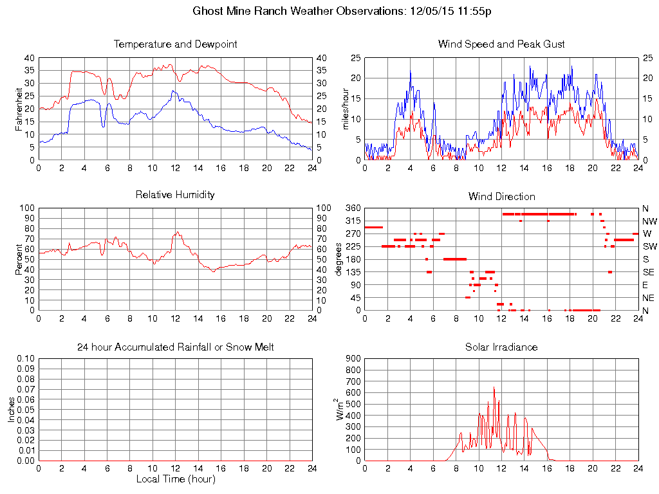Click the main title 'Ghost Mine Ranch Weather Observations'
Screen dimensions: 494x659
tap(299, 11)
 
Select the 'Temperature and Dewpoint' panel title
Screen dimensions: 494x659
tap(175, 44)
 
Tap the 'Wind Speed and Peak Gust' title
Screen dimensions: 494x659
tap(501, 44)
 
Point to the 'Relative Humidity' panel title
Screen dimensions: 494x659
tap(175, 194)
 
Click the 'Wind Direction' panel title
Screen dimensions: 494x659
tap(501, 196)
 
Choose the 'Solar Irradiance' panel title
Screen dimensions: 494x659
tap(501, 347)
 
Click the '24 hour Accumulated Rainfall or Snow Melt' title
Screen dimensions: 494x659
tap(175, 347)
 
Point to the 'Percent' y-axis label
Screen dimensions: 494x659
tap(19, 259)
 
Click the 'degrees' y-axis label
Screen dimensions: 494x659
tap(339, 259)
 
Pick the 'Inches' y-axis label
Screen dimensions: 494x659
tap(11, 409)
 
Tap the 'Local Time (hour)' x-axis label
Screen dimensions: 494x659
tap(175, 479)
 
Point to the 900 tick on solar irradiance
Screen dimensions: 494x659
tap(352, 359)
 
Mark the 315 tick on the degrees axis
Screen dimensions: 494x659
tap(352, 221)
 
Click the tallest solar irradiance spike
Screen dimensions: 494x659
tap(494, 387)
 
